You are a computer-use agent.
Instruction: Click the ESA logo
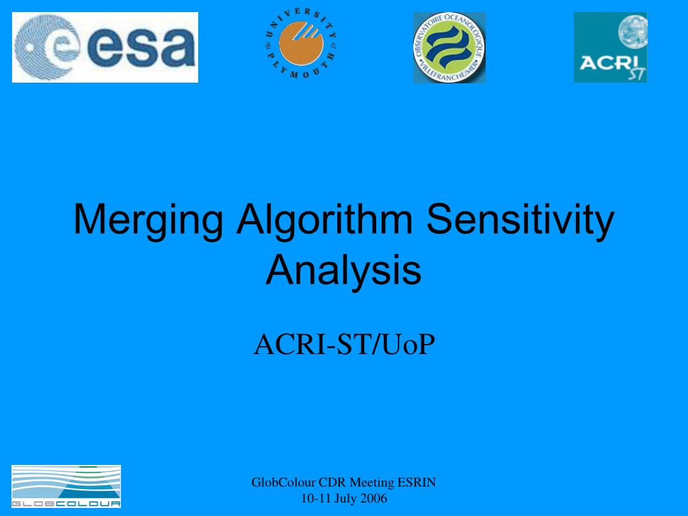[x=105, y=47]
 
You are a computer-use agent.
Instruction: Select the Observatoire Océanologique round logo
[x=449, y=48]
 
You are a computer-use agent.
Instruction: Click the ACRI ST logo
[x=610, y=48]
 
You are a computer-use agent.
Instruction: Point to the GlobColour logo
[x=66, y=486]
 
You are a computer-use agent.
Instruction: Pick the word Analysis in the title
[x=343, y=270]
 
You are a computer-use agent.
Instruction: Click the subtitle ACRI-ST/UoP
[x=344, y=345]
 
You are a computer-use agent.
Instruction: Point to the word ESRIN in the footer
[x=417, y=482]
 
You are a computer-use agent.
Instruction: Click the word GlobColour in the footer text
[x=284, y=482]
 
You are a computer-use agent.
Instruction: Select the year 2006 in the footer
[x=373, y=499]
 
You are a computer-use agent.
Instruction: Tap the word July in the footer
[x=345, y=499]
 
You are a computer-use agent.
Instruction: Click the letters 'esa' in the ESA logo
[x=144, y=47]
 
